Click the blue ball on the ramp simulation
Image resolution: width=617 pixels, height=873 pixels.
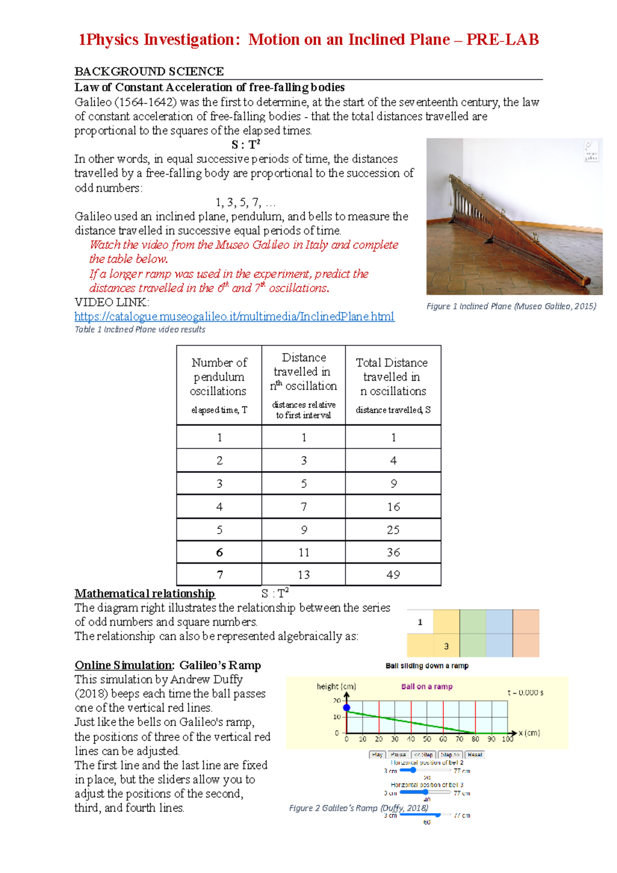[347, 708]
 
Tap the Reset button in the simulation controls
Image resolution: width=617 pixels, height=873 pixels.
[475, 755]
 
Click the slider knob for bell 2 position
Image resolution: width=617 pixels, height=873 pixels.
[413, 770]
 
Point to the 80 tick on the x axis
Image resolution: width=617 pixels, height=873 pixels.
[475, 739]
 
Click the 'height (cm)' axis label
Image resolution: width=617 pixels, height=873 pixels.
[336, 686]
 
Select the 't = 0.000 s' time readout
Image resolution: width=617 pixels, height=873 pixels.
[525, 693]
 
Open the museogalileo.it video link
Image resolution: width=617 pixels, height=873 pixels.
[234, 316]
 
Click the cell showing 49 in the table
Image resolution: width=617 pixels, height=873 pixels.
[393, 575]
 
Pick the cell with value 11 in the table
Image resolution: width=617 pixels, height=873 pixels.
[304, 553]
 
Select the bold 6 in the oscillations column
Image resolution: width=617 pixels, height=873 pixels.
[220, 553]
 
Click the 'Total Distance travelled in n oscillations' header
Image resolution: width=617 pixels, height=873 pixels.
[393, 377]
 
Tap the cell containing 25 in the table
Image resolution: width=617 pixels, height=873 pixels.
[393, 530]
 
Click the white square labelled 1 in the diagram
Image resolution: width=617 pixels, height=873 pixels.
[420, 622]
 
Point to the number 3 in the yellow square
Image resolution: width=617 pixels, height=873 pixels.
[446, 646]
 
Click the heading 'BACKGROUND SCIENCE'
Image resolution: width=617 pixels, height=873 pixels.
[149, 71]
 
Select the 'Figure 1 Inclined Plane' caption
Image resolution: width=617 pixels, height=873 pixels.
[511, 306]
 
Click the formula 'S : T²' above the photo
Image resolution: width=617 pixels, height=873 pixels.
[246, 144]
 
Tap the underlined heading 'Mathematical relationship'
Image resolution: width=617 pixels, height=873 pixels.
[144, 593]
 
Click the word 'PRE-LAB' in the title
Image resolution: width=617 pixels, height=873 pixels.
[502, 40]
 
